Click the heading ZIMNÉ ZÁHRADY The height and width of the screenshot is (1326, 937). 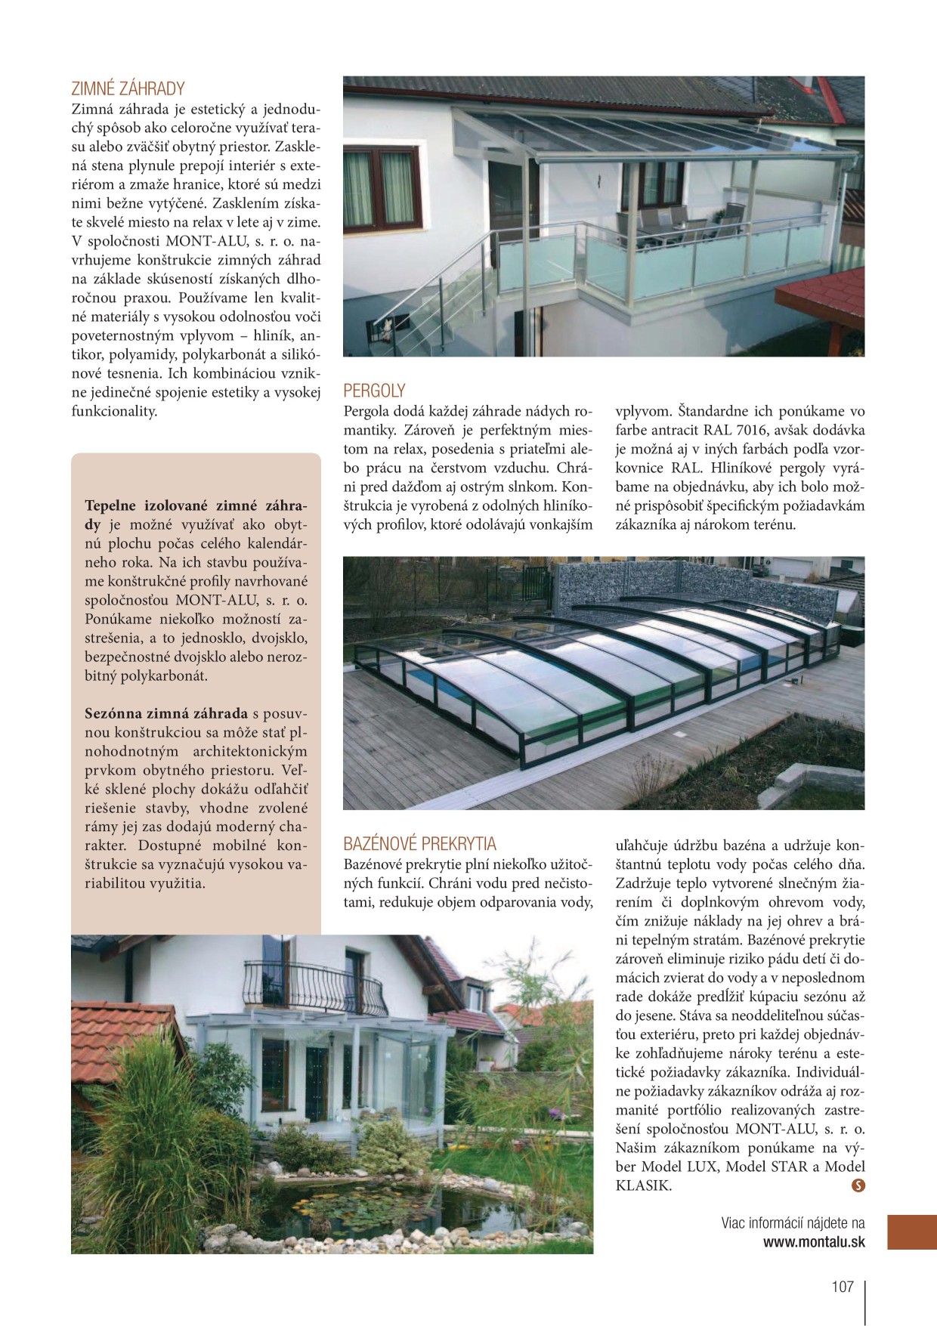pyautogui.click(x=128, y=88)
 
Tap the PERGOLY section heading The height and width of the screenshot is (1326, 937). pyautogui.click(x=374, y=391)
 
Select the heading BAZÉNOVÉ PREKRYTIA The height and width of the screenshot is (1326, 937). pyautogui.click(x=419, y=844)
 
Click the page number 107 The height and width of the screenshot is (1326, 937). pyautogui.click(x=842, y=1287)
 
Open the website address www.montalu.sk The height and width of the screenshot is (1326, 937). pyautogui.click(x=813, y=1242)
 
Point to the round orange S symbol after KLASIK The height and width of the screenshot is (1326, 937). pyautogui.click(x=858, y=1185)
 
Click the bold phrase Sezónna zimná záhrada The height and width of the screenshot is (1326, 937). pyautogui.click(x=166, y=713)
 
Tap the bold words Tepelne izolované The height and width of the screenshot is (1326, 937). pyautogui.click(x=147, y=505)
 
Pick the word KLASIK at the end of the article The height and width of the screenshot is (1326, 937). pyautogui.click(x=643, y=1185)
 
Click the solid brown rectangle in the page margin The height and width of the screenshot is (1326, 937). pyautogui.click(x=911, y=1232)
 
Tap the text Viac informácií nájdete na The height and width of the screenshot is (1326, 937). pyautogui.click(x=793, y=1223)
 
